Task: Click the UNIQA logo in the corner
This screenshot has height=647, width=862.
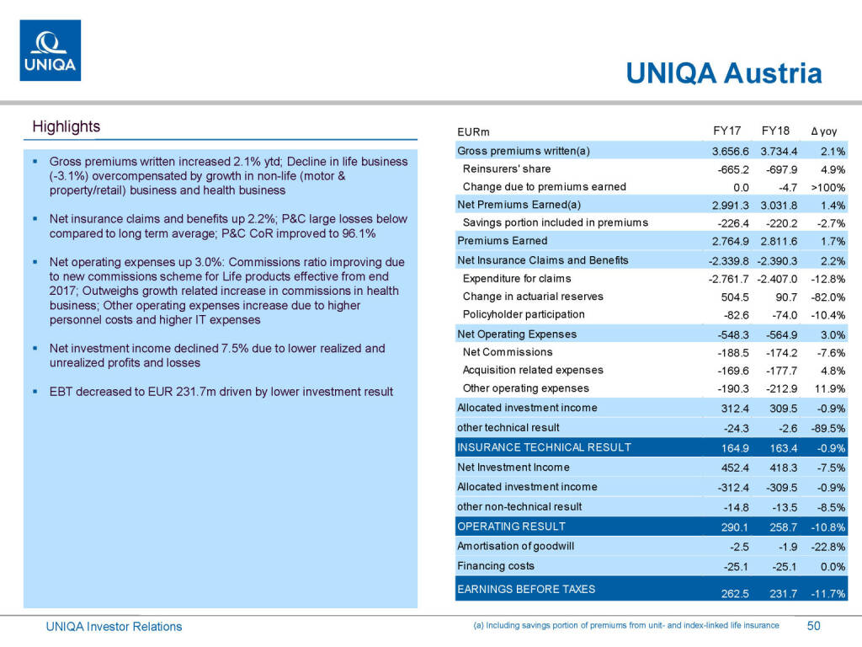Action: click(x=51, y=51)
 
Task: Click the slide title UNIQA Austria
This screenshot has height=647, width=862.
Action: click(x=723, y=73)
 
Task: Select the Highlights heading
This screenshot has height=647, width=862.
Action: click(x=66, y=127)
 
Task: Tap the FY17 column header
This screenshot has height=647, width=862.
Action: click(x=726, y=131)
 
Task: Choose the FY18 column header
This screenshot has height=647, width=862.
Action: click(x=775, y=131)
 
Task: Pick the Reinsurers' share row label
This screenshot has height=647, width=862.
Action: click(x=507, y=169)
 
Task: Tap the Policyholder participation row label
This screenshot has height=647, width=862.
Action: click(x=524, y=314)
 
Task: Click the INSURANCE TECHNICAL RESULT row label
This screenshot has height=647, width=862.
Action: click(x=544, y=447)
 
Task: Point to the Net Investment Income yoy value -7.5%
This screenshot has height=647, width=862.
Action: click(x=830, y=468)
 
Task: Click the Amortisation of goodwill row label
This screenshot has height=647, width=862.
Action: click(x=515, y=546)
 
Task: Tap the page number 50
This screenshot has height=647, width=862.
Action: click(x=813, y=626)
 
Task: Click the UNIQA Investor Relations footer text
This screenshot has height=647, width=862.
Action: click(x=114, y=627)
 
